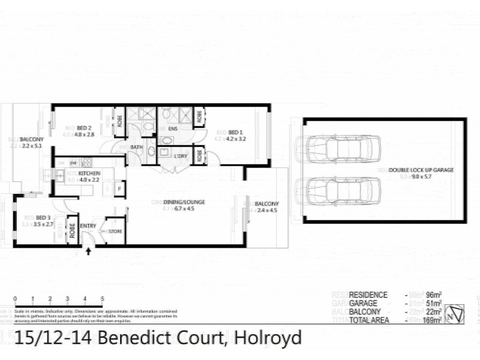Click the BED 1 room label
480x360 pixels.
(235, 131)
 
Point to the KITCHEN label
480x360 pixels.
(89, 173)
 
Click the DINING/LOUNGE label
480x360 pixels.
(187, 202)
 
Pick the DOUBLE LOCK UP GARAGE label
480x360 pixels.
(421, 170)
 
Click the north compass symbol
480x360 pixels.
(457, 312)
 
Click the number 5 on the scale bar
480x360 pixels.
(103, 298)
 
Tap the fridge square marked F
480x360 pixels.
(119, 190)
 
